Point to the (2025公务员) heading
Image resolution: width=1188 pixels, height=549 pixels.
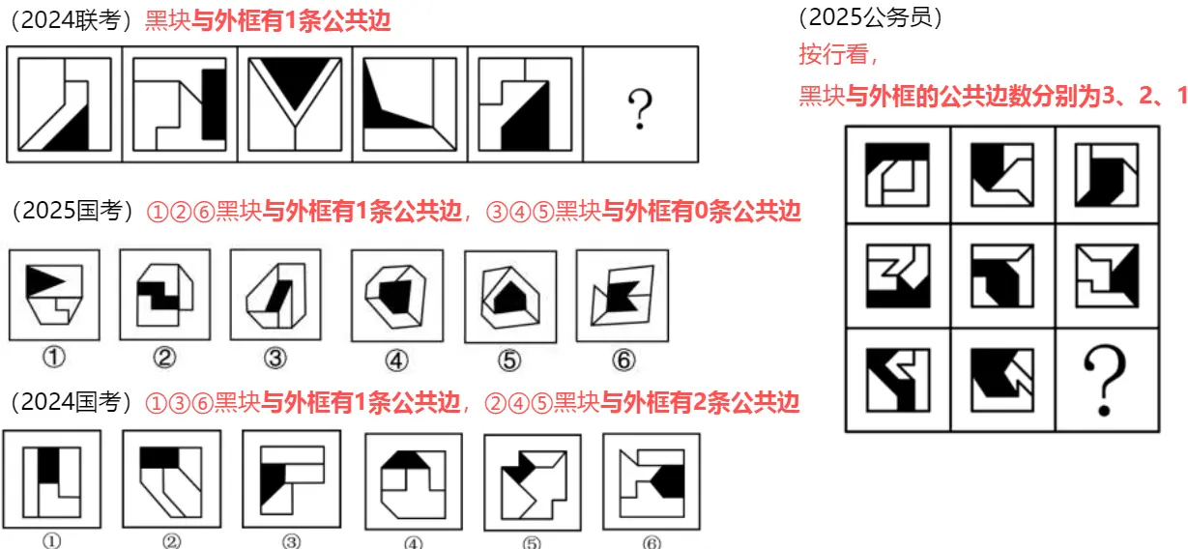(871, 16)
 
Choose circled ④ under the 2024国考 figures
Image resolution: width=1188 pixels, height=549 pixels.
(414, 542)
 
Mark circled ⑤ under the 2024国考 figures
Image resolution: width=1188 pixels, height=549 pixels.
(532, 542)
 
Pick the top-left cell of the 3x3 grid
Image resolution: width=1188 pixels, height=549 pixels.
(898, 174)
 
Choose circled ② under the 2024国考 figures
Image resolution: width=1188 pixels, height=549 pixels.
(168, 542)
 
